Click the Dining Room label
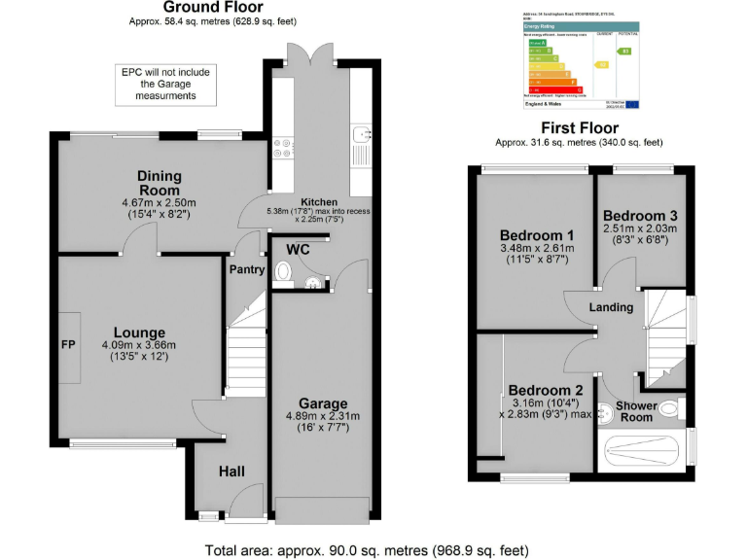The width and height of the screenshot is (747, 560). click(159, 183)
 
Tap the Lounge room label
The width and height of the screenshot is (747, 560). click(139, 332)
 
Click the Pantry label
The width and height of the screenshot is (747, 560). click(246, 269)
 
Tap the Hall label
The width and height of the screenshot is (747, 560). click(231, 472)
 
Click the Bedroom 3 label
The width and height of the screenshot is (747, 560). click(639, 216)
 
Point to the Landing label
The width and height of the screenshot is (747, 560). click(611, 307)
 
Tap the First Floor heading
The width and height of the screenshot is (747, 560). click(579, 128)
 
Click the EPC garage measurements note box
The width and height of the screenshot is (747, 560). click(165, 85)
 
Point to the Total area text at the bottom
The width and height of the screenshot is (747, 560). click(367, 549)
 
